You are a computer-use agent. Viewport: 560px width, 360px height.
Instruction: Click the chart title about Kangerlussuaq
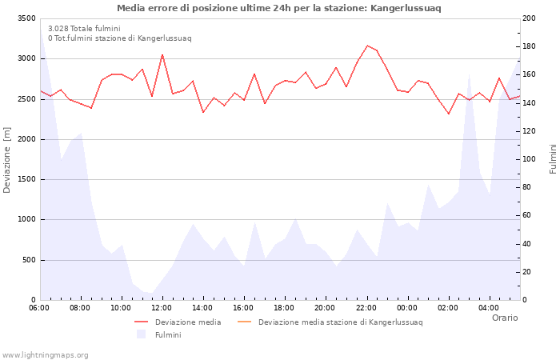point(278,8)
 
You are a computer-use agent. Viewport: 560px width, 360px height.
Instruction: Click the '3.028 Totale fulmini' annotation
point(84,28)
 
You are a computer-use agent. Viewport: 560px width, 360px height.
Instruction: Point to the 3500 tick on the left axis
point(26,18)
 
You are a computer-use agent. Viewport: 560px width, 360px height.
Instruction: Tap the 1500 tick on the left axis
point(26,179)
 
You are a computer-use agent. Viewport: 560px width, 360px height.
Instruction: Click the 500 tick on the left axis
point(29,260)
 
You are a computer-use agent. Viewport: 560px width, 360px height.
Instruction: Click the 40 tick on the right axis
point(530,244)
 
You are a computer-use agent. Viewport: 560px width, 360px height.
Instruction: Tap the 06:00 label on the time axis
point(39,308)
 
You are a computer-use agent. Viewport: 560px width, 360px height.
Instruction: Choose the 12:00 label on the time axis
point(162,308)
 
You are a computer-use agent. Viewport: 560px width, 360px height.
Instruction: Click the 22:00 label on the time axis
point(366,308)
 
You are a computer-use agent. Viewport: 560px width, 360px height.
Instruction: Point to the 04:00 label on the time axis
point(488,308)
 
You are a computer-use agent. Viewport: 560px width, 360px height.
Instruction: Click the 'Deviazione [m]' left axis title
point(8,159)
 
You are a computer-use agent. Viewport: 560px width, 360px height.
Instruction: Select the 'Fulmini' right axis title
point(552,159)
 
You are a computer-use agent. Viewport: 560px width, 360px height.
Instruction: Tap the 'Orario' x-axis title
point(504,318)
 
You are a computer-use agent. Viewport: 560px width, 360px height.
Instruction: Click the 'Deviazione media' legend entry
point(188,322)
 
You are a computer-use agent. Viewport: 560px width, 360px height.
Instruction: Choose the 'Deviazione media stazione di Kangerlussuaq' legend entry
point(340,322)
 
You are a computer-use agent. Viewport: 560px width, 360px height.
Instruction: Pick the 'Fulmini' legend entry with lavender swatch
point(167,334)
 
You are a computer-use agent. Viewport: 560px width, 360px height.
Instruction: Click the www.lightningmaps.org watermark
point(45,354)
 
